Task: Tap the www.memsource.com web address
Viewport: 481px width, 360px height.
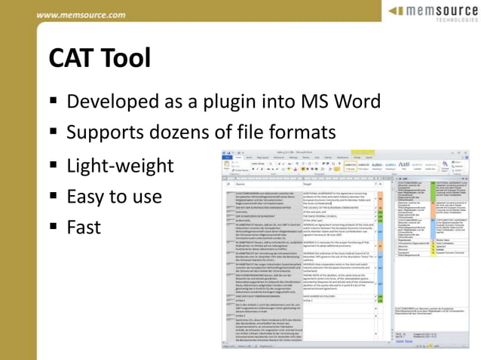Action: pyautogui.click(x=81, y=15)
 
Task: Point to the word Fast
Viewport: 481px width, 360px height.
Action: pyautogui.click(x=84, y=227)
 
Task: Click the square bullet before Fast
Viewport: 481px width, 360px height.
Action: pyautogui.click(x=55, y=227)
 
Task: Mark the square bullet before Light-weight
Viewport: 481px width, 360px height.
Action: pyautogui.click(x=55, y=165)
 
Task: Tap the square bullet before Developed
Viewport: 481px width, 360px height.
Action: pyautogui.click(x=55, y=101)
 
